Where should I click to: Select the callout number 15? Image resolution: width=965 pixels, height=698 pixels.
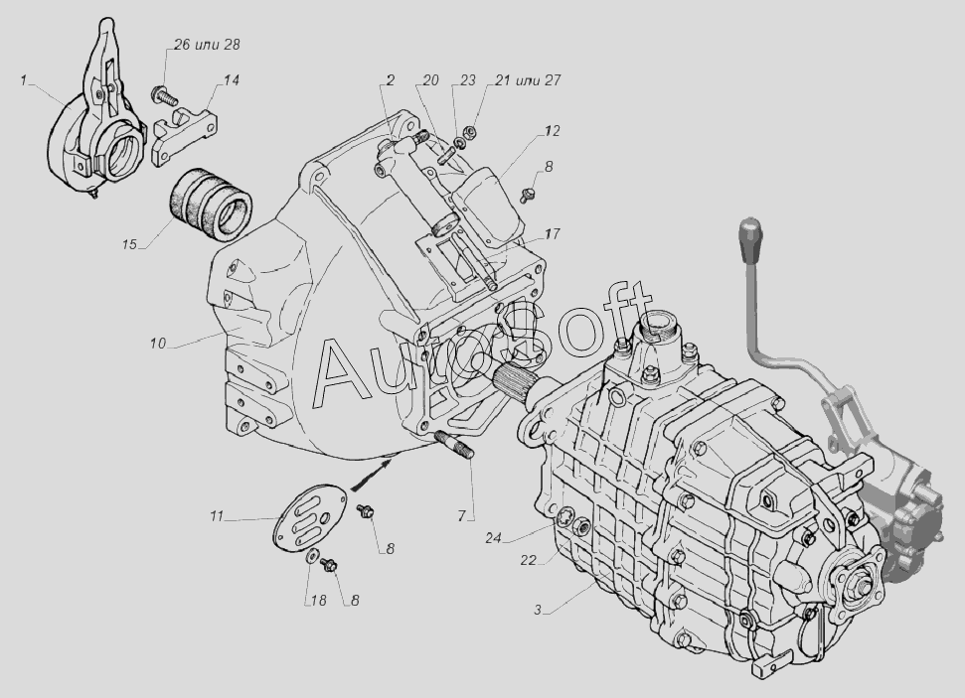point(129,244)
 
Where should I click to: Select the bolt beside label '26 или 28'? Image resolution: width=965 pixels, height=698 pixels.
point(164,95)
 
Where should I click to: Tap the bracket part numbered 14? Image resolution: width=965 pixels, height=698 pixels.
point(184,136)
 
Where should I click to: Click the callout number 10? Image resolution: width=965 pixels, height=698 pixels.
point(158,344)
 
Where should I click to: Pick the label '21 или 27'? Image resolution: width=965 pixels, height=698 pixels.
point(528,80)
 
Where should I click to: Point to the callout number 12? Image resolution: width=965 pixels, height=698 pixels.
point(552,131)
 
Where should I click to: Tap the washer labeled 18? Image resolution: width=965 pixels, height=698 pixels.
point(312,557)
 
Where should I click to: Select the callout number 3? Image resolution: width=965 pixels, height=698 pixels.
point(538,610)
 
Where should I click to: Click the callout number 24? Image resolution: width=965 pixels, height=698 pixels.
point(493,538)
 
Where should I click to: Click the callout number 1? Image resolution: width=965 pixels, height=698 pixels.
point(24,80)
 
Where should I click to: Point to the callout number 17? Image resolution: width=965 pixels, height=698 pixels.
point(552,233)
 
